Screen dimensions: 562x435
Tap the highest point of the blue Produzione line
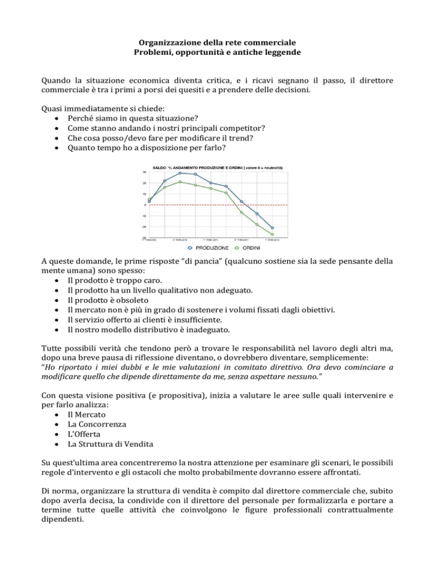pyautogui.click(x=180, y=173)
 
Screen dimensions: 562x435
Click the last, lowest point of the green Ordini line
pyautogui.click(x=272, y=234)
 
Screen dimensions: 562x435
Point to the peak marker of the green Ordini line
pyautogui.click(x=180, y=181)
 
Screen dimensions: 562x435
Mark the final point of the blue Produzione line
pyautogui.click(x=272, y=228)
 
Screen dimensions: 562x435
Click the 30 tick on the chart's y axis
pyautogui.click(x=144, y=172)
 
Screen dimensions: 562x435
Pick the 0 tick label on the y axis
pyautogui.click(x=145, y=205)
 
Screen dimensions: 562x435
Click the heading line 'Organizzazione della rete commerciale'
pyautogui.click(x=217, y=44)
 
